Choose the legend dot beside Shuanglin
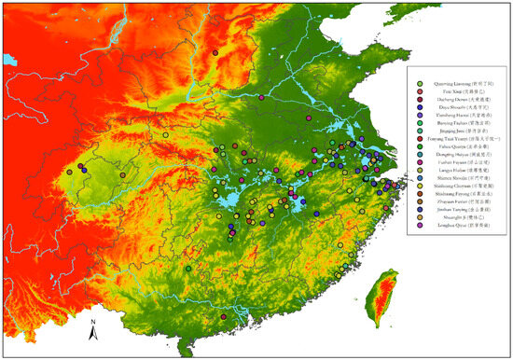pyautogui.click(x=421, y=227)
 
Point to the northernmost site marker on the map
pyautogui.click(x=214, y=54)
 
